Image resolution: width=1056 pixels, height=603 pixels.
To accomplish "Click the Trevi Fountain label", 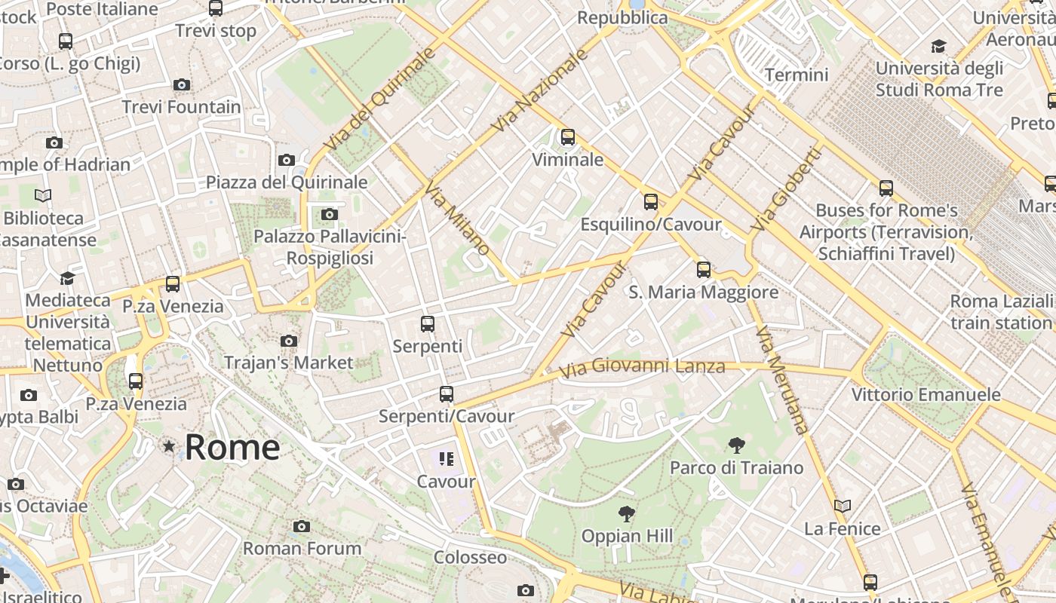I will (x=182, y=107).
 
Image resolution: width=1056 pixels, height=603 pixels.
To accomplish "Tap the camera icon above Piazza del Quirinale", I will (x=287, y=160).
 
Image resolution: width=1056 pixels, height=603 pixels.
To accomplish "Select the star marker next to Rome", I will (x=169, y=447).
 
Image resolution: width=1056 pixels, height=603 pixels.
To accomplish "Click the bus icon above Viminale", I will (x=568, y=137).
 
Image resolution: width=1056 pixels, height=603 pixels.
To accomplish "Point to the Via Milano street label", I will (x=458, y=218).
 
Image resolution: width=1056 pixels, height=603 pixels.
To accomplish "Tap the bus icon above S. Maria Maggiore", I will (x=704, y=269).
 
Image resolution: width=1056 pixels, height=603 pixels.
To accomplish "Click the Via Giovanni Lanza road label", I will (x=643, y=367).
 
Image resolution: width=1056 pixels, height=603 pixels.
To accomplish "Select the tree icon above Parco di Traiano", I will (x=737, y=445).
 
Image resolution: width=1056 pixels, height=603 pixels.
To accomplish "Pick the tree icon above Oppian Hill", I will (x=626, y=514).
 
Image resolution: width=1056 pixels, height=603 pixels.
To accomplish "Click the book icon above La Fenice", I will (x=843, y=506).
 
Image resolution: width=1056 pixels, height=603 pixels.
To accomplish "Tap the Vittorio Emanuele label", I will (x=926, y=394).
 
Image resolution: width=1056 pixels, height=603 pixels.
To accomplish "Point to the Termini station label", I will (x=797, y=75).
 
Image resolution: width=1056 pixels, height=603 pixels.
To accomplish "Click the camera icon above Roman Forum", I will (x=302, y=526).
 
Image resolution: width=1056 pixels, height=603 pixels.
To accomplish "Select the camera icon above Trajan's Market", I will (x=289, y=341).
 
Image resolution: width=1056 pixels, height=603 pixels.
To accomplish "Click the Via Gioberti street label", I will (x=786, y=189).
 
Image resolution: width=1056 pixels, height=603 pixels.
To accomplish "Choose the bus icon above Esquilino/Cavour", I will (x=651, y=201).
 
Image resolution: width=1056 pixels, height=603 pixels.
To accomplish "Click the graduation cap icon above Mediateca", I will (x=68, y=278).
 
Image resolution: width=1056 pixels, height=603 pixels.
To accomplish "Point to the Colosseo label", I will (x=470, y=558).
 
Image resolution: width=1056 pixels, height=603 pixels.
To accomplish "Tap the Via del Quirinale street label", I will (x=379, y=99).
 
